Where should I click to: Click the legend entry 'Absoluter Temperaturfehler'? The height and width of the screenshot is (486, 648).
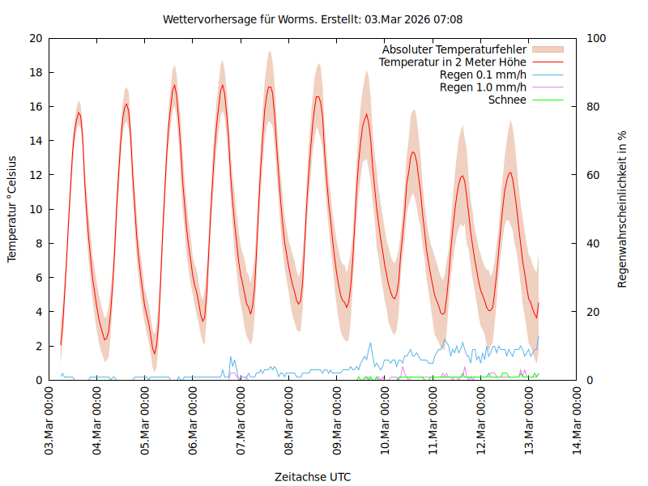click(x=454, y=49)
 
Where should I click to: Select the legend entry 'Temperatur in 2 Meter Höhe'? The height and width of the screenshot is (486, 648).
click(x=453, y=62)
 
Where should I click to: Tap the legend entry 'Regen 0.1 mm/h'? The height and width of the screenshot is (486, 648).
click(x=483, y=75)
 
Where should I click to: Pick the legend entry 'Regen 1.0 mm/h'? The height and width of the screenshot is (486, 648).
click(x=483, y=87)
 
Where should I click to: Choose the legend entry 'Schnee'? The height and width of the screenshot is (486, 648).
click(x=508, y=100)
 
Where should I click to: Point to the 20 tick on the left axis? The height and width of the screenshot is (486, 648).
click(x=35, y=38)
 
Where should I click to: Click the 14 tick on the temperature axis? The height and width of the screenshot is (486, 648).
click(x=35, y=141)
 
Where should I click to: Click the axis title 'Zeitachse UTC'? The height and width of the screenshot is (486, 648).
click(x=313, y=476)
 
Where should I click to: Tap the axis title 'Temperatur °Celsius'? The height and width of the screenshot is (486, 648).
click(x=12, y=209)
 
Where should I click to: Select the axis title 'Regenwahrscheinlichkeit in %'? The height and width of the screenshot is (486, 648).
click(x=622, y=209)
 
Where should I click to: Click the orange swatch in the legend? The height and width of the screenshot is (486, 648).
click(x=548, y=49)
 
